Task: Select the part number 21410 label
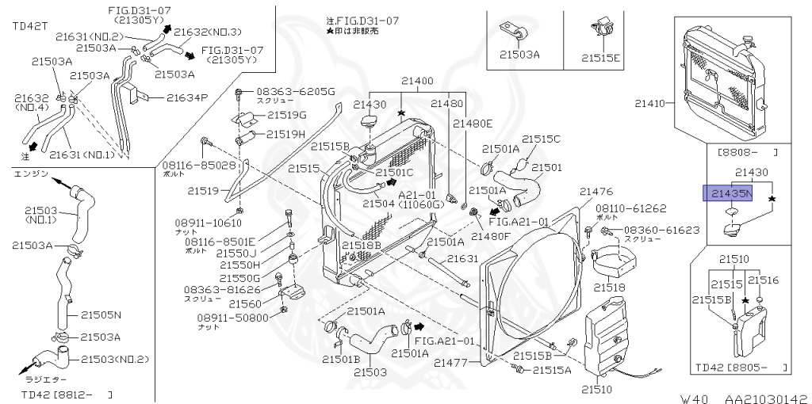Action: click(651, 102)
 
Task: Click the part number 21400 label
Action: click(417, 81)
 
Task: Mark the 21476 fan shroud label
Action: click(596, 192)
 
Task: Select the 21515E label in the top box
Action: click(601, 56)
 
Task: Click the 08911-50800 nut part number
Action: click(232, 318)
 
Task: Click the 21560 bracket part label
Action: click(245, 303)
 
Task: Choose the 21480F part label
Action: click(492, 235)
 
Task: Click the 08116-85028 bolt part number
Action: click(199, 166)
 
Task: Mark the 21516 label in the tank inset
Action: click(764, 280)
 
